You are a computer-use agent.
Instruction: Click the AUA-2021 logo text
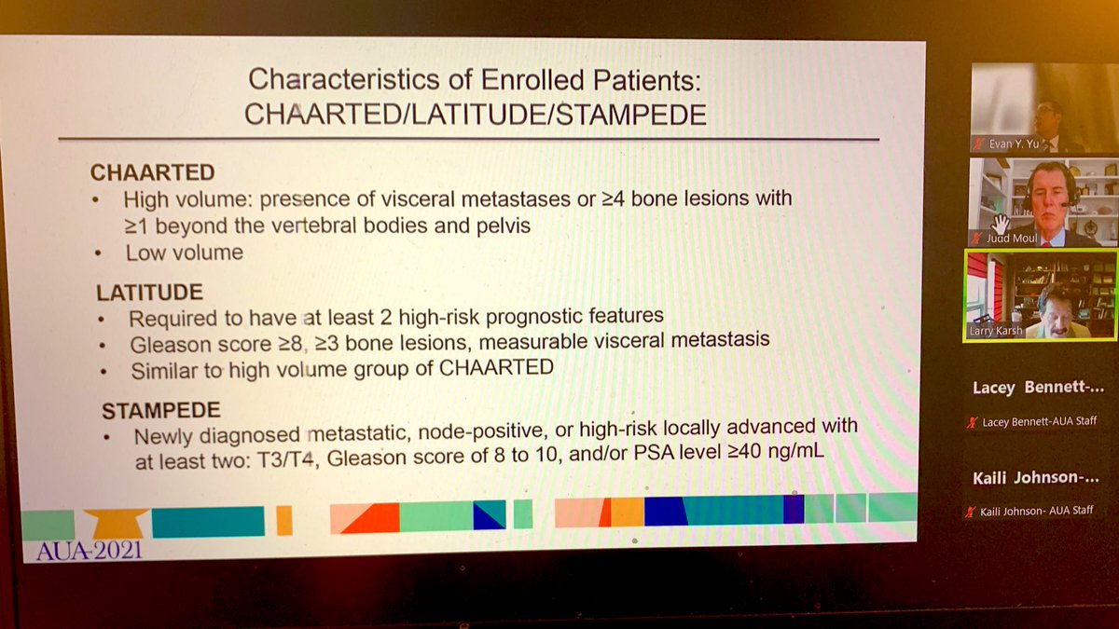pyautogui.click(x=90, y=550)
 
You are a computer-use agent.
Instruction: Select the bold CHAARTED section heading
pyautogui.click(x=152, y=172)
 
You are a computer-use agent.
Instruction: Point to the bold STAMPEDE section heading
pyautogui.click(x=160, y=410)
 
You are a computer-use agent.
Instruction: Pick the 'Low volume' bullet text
pyautogui.click(x=184, y=253)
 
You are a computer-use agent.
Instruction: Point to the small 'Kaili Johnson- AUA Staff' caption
pyautogui.click(x=1036, y=511)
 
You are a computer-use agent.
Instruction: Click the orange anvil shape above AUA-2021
pyautogui.click(x=116, y=522)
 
